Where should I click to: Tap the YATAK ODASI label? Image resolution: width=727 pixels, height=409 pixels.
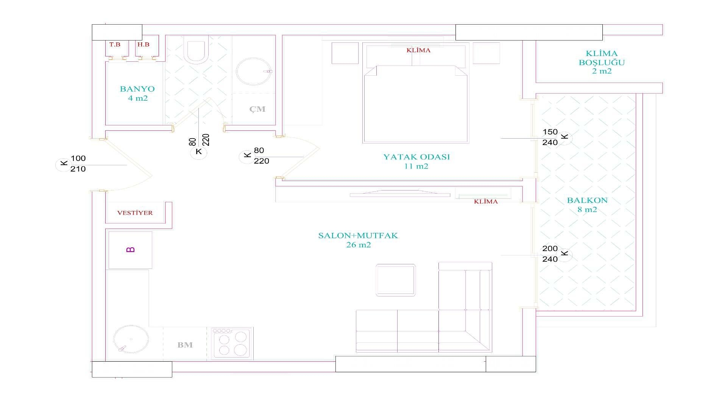tap(417, 157)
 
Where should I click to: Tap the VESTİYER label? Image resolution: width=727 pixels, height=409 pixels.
tap(135, 213)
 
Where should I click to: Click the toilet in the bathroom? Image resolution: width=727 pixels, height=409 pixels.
tap(196, 48)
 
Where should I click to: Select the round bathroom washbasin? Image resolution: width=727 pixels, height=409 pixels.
tap(253, 72)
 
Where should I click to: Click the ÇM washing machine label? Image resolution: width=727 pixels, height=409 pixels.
tap(257, 109)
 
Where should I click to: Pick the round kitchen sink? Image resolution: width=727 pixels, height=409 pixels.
tap(131, 339)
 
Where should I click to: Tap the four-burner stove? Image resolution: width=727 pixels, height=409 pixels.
tap(232, 343)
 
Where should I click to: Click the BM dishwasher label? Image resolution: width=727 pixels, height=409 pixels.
tap(185, 345)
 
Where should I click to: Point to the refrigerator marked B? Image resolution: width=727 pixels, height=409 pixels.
tap(130, 250)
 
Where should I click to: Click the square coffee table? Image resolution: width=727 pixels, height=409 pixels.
tap(396, 280)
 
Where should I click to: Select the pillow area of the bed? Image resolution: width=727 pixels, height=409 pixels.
tap(416, 56)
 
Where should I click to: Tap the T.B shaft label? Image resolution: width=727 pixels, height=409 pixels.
tap(115, 45)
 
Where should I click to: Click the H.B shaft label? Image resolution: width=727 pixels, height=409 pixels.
tap(144, 45)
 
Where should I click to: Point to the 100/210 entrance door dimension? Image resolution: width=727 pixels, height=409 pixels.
tap(78, 164)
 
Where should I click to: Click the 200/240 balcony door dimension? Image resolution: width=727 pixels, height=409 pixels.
tap(550, 254)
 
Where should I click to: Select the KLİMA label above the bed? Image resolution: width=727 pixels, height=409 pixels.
tap(418, 50)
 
